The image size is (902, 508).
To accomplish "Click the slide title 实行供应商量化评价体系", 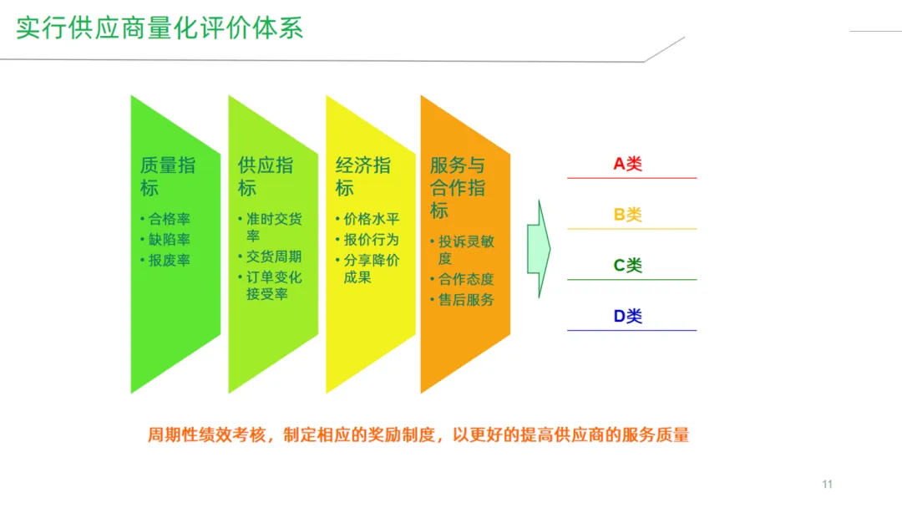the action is (x=160, y=28).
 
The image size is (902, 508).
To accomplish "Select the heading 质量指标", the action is (x=167, y=176).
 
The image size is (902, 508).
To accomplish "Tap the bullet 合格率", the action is (x=169, y=220).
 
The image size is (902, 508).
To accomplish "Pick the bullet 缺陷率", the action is (x=169, y=240).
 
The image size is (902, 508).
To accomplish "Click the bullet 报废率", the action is (x=169, y=260).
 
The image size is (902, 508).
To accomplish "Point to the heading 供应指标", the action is (x=265, y=176).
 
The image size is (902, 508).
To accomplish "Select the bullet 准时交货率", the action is (x=273, y=227).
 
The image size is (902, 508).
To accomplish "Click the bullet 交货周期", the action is (x=273, y=257).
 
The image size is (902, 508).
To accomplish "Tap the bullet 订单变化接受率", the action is (x=273, y=285).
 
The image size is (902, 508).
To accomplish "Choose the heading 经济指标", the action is (x=362, y=176).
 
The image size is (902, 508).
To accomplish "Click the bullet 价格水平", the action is (x=371, y=220).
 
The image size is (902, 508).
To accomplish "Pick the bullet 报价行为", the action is (x=371, y=240).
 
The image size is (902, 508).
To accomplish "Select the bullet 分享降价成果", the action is (x=371, y=268).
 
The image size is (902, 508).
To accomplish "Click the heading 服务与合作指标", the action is (x=457, y=187).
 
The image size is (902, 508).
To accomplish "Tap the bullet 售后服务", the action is (x=465, y=299).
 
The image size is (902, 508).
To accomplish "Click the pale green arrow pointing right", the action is (x=539, y=248).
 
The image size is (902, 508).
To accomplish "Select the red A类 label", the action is (x=628, y=165).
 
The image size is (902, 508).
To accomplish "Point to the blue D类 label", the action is (x=628, y=317).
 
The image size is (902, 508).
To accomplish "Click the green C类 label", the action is (x=628, y=266).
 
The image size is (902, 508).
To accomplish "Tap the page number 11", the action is (x=828, y=485).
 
